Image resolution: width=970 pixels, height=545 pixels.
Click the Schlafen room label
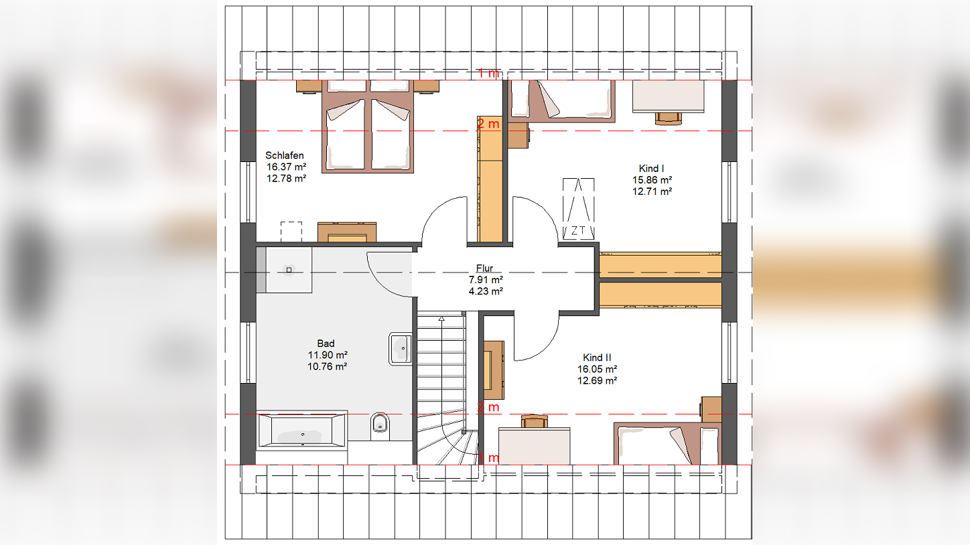(x=285, y=155)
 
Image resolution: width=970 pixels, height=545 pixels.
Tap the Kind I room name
(x=651, y=169)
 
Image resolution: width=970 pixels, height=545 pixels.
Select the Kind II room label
(x=597, y=358)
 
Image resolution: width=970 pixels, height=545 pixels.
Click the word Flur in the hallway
(x=484, y=268)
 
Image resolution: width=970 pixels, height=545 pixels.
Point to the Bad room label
(x=326, y=343)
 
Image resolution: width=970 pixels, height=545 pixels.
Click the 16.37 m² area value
(x=286, y=167)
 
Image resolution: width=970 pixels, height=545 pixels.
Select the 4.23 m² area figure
(x=486, y=291)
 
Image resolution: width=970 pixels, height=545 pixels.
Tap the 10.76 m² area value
(x=328, y=367)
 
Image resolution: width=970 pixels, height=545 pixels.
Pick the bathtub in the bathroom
(x=302, y=430)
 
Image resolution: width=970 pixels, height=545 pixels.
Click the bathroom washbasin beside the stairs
(x=401, y=348)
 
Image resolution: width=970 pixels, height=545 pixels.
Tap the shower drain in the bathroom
(x=289, y=270)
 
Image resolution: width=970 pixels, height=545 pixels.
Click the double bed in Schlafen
(x=368, y=127)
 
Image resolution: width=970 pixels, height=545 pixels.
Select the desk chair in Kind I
(x=668, y=119)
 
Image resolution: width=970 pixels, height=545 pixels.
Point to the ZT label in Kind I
(x=577, y=230)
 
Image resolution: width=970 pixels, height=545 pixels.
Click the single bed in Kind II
(x=667, y=444)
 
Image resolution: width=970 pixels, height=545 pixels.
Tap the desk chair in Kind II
(x=535, y=421)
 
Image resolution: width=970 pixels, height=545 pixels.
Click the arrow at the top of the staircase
(x=441, y=319)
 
